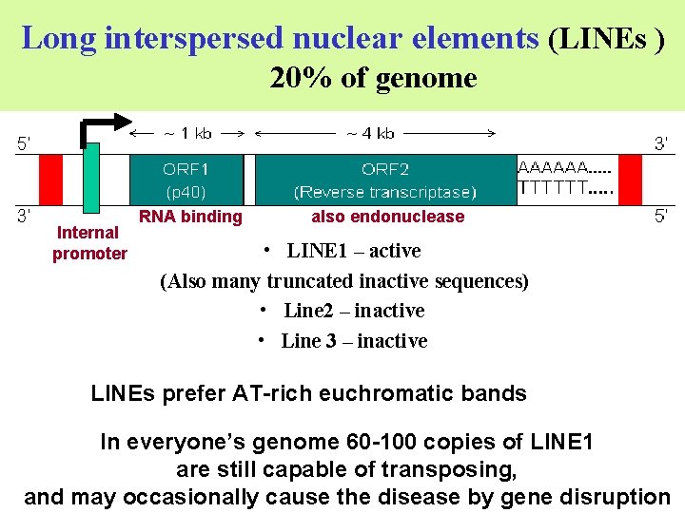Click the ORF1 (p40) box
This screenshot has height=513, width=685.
[186, 180]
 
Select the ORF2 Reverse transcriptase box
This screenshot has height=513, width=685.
[384, 180]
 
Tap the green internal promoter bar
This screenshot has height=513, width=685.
[91, 178]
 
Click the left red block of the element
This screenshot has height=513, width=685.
[50, 180]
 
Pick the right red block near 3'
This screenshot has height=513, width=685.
[631, 180]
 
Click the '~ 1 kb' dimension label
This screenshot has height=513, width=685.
[187, 133]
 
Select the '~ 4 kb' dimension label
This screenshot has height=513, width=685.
[370, 133]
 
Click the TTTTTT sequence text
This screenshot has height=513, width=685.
[563, 188]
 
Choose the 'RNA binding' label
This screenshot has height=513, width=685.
[190, 217]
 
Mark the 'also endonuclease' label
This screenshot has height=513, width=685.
[388, 217]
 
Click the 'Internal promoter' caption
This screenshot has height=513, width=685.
[89, 243]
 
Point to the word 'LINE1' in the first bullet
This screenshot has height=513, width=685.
[321, 251]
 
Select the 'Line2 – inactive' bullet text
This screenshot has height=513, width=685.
[354, 311]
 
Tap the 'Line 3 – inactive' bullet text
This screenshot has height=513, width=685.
[354, 341]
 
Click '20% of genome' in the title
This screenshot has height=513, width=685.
[373, 78]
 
